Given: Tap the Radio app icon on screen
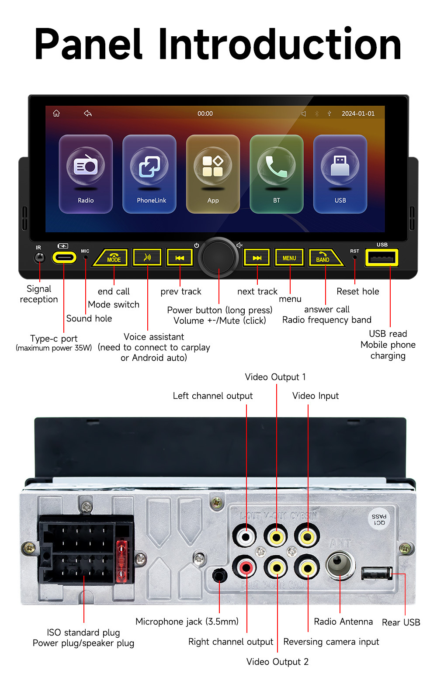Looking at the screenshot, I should (x=86, y=173).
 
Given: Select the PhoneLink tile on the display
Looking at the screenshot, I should (x=149, y=173).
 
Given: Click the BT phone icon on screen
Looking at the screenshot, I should (x=276, y=173).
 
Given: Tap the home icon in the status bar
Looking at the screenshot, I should (x=56, y=114).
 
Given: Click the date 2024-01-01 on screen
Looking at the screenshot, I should (x=358, y=114).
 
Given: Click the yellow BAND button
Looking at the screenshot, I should (x=324, y=258).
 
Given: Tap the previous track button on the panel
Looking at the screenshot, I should (x=180, y=258).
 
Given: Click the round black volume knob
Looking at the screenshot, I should (x=218, y=257).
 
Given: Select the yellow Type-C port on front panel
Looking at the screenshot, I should (x=64, y=257).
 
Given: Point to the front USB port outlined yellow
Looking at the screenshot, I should (x=382, y=258).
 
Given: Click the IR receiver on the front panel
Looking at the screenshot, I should (x=39, y=257).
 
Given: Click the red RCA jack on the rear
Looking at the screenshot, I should (x=246, y=568).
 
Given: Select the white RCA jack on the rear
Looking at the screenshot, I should (x=246, y=535).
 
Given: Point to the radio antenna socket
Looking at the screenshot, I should (x=340, y=565).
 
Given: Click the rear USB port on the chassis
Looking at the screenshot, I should (x=376, y=573).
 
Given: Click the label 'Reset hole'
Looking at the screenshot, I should (x=357, y=291).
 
